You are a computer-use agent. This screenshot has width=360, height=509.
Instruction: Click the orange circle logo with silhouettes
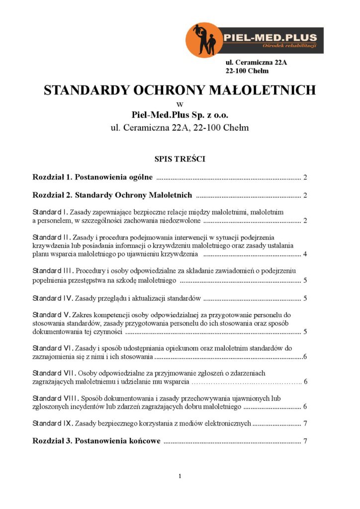tap(204, 40)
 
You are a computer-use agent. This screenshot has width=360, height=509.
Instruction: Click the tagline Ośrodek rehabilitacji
tap(289, 46)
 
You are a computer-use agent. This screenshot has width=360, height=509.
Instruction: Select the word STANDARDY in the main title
tap(84, 90)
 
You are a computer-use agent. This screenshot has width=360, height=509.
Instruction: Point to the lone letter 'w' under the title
tap(180, 104)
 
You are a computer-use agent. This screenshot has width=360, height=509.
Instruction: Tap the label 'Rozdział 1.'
tap(53, 177)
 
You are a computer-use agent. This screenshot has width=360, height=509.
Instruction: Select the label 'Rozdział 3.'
tap(53, 441)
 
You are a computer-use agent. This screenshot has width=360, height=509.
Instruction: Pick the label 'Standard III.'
tap(53, 271)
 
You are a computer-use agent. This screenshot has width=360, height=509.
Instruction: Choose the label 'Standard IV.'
tap(53, 298)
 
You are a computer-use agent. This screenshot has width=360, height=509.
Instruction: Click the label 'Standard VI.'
tap(53, 347)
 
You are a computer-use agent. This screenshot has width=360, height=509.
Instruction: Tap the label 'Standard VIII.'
tap(55, 398)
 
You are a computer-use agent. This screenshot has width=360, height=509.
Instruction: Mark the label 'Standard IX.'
tap(53, 424)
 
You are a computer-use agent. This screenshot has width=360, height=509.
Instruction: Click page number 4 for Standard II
tap(304, 254)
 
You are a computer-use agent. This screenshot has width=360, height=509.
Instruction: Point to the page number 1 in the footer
tap(180, 476)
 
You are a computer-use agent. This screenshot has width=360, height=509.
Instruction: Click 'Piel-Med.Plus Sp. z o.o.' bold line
tap(180, 115)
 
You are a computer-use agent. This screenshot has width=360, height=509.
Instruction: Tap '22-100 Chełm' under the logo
tap(247, 71)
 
